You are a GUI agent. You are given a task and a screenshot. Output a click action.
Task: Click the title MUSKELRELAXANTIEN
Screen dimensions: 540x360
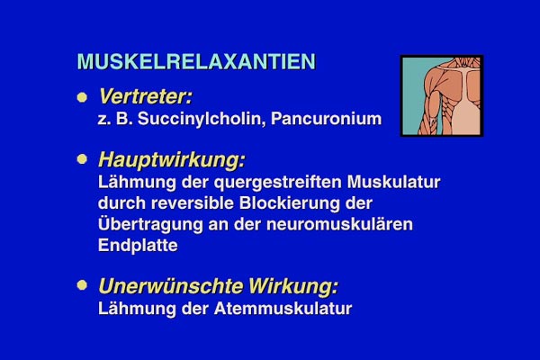click(196, 61)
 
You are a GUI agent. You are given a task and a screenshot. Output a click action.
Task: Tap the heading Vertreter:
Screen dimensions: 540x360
click(145, 96)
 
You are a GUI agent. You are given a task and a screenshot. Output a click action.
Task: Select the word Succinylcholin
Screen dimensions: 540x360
click(202, 119)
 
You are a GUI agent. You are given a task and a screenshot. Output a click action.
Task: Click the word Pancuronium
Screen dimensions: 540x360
click(326, 119)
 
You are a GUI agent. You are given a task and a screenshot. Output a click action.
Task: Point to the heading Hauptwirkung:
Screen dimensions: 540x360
click(172, 160)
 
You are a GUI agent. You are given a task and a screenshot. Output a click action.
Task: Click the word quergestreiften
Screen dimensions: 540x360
click(278, 183)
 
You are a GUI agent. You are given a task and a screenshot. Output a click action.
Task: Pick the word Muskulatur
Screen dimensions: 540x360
click(393, 182)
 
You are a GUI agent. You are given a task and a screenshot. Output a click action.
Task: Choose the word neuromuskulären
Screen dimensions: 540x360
click(339, 224)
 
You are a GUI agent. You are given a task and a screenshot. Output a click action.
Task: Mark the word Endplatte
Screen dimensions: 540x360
click(138, 246)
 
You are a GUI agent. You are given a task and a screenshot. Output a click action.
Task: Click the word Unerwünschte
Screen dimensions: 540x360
click(170, 286)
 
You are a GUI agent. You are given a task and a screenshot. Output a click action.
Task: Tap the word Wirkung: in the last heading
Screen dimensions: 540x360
click(293, 286)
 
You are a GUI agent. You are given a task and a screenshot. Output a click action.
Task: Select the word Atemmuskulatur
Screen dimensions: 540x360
click(283, 309)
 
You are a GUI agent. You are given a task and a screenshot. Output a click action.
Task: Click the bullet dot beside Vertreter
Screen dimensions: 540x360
click(82, 97)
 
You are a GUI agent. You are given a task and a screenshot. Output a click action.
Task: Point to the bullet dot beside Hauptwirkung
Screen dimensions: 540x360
click(82, 158)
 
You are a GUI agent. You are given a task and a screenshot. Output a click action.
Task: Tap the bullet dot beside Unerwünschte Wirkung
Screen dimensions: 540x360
click(82, 285)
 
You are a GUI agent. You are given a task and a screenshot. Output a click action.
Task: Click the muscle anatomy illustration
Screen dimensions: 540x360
click(442, 95)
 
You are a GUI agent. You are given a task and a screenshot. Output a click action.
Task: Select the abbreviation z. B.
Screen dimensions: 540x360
click(115, 119)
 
